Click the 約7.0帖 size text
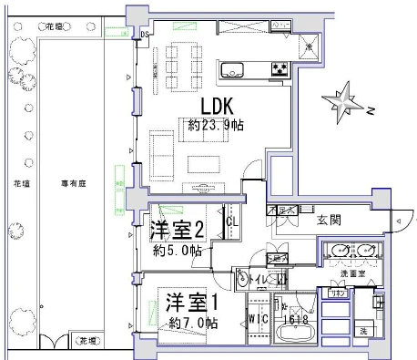click(x=192, y=323)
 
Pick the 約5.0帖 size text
click(x=176, y=251)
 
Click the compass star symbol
click(x=342, y=101)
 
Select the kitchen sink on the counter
click(x=231, y=69)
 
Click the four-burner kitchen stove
click(x=277, y=69)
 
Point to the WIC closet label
click(x=258, y=321)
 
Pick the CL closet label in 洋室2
click(x=231, y=221)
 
